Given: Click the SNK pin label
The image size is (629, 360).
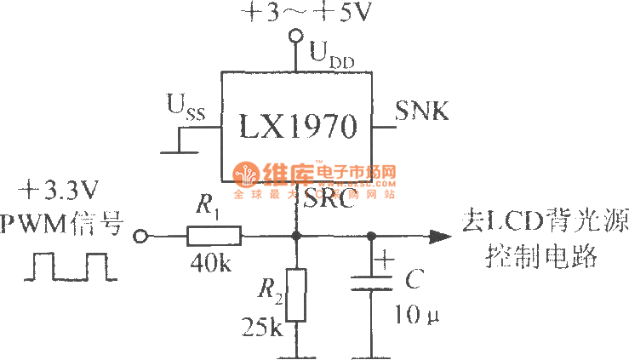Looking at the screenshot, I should click(x=422, y=111).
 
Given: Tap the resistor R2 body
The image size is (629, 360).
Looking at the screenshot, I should click(x=295, y=294).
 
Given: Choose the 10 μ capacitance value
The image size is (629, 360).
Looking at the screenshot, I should click(x=416, y=316).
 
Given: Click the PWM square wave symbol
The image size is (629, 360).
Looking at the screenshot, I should click(x=71, y=265).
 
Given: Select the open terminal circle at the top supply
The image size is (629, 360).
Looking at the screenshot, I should click(x=297, y=36).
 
